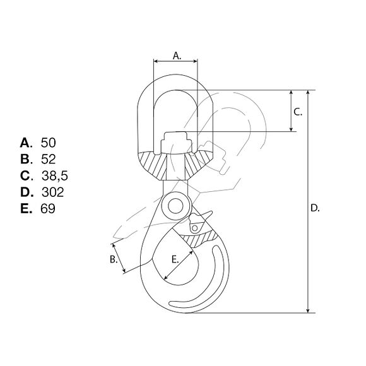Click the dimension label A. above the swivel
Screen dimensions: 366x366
(177, 56)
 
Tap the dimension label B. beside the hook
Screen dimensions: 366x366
(114, 259)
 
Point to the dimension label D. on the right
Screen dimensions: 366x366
(316, 208)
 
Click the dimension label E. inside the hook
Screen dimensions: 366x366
(176, 258)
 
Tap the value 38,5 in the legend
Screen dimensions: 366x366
(54, 175)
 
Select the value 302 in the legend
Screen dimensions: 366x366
(52, 192)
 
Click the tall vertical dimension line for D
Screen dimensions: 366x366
(308, 202)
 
